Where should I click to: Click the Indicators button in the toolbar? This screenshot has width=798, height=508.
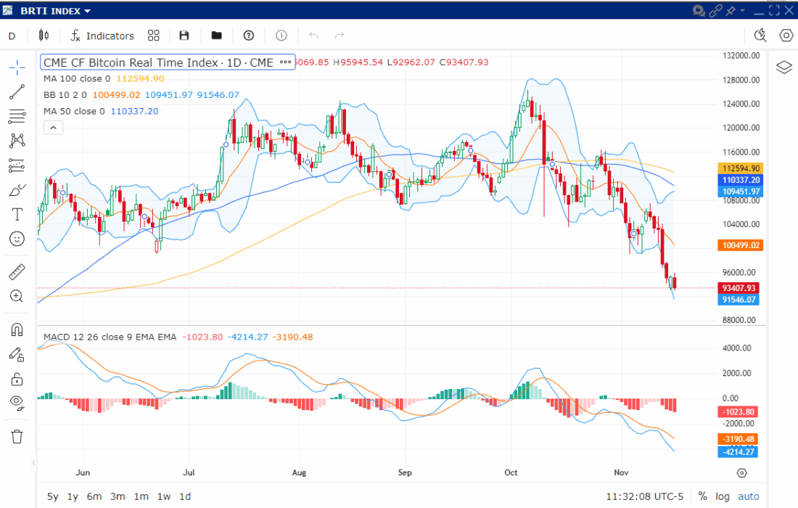pyautogui.click(x=102, y=36)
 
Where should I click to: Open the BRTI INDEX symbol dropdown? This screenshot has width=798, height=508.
pyautogui.click(x=55, y=11)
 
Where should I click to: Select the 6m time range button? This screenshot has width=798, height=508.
pyautogui.click(x=94, y=496)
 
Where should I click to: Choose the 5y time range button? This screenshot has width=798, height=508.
pyautogui.click(x=52, y=496)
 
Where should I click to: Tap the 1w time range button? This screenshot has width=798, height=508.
pyautogui.click(x=164, y=496)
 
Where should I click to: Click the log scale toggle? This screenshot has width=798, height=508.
pyautogui.click(x=723, y=496)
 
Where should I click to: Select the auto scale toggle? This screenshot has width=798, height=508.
pyautogui.click(x=749, y=496)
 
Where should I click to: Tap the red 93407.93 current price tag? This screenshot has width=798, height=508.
pyautogui.click(x=740, y=288)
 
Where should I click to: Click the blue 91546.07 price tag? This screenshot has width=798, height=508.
pyautogui.click(x=740, y=300)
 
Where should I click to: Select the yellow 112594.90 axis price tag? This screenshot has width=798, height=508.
pyautogui.click(x=740, y=168)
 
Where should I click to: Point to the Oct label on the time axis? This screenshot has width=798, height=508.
pyautogui.click(x=511, y=472)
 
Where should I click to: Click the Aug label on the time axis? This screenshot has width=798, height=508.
pyautogui.click(x=299, y=472)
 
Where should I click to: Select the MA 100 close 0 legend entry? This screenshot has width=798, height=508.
pyautogui.click(x=77, y=78)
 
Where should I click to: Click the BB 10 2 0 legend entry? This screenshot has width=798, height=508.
pyautogui.click(x=65, y=95)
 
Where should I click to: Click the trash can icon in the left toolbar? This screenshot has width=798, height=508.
pyautogui.click(x=17, y=436)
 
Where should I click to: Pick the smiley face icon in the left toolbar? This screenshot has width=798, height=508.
pyautogui.click(x=17, y=238)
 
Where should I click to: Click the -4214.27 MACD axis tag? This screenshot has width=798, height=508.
pyautogui.click(x=740, y=452)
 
